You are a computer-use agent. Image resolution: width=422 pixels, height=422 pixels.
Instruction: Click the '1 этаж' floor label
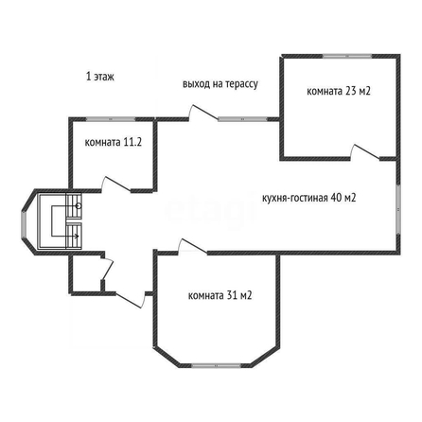click(x=100, y=77)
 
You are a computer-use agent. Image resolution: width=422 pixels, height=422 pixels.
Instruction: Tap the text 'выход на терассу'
click(x=220, y=84)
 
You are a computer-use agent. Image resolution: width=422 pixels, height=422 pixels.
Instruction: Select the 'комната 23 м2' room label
click(x=339, y=91)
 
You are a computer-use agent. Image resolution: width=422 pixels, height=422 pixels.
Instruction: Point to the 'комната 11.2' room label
click(x=114, y=142)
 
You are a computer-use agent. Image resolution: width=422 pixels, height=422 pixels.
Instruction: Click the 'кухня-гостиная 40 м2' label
click(x=309, y=198)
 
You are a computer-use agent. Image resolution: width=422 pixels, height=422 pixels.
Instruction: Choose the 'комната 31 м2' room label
click(x=220, y=295)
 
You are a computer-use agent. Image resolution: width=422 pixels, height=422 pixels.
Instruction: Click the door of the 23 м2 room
click(x=365, y=152)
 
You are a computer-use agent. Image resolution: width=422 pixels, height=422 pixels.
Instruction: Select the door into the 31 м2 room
click(x=192, y=246)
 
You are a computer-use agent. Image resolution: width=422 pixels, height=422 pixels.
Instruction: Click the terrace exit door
click(x=203, y=113)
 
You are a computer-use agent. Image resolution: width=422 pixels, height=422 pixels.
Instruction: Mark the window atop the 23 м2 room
click(x=347, y=57)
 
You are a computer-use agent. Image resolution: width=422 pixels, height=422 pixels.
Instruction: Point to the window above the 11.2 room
click(x=111, y=119)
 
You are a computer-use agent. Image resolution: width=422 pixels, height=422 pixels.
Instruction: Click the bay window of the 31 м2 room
click(x=217, y=365)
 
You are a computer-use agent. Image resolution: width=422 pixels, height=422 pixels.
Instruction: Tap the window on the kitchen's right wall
click(x=398, y=209)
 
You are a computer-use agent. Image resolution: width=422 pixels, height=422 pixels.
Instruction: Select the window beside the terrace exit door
click(x=242, y=119)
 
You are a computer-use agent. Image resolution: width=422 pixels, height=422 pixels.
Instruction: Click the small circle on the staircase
click(x=79, y=206)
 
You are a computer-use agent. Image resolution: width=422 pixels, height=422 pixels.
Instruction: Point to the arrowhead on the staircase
click(x=77, y=236)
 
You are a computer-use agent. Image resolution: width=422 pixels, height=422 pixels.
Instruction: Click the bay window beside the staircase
click(x=24, y=223)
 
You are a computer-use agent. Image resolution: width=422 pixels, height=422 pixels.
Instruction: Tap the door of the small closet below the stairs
click(x=107, y=269)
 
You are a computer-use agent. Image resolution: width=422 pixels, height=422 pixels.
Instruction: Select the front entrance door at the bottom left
click(x=130, y=301)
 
